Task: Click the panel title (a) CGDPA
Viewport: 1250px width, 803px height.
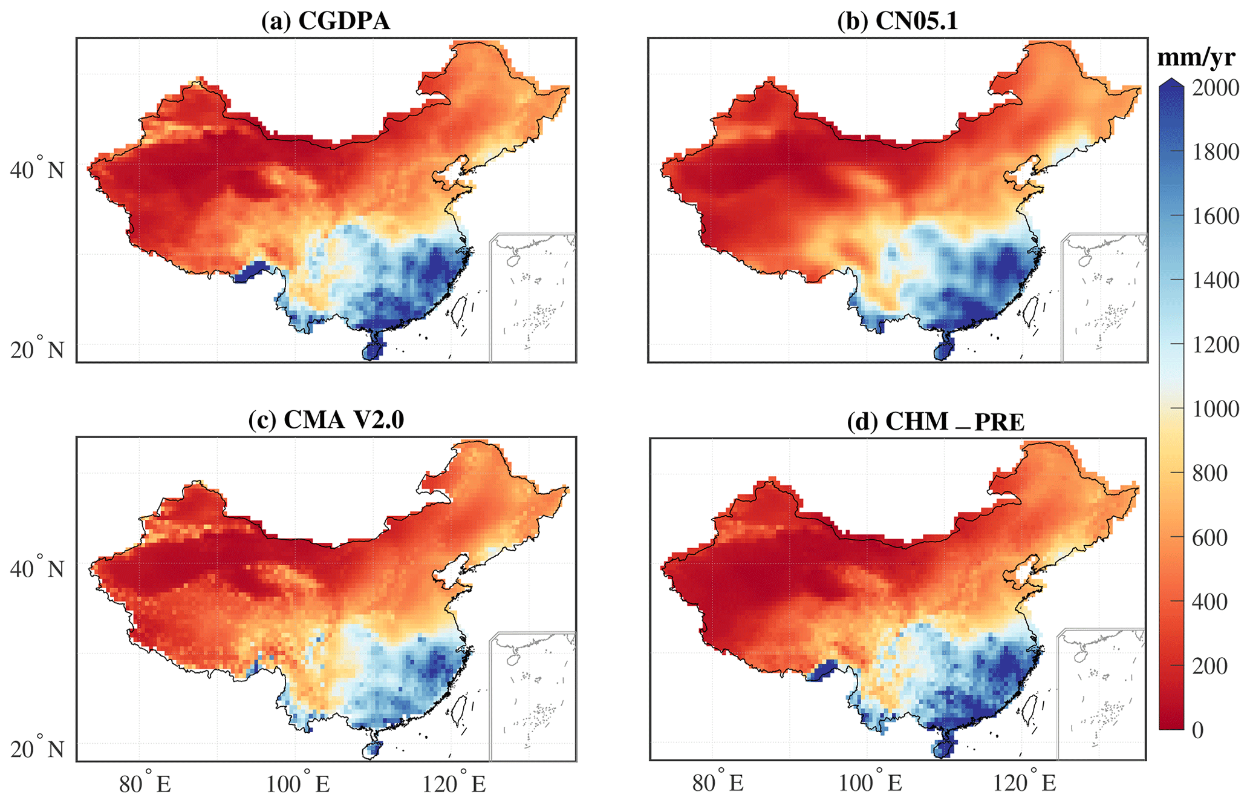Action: pos(325,21)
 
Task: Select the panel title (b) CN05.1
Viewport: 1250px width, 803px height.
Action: pos(897,21)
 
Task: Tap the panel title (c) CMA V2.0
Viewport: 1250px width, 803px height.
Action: pos(326,420)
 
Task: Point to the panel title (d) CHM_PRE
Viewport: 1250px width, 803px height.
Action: pos(936,422)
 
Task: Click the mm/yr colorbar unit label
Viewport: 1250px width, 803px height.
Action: pos(1196,57)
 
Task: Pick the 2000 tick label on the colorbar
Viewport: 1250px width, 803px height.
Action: pos(1216,88)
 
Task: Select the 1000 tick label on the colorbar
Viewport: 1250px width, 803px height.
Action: pos(1216,409)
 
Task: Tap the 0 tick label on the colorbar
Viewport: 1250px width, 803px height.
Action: pos(1198,730)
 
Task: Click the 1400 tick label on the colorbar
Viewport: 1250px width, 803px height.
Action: pos(1216,281)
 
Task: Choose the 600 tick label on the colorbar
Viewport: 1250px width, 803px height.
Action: pos(1210,538)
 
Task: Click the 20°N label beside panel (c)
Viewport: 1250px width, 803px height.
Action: pos(37,749)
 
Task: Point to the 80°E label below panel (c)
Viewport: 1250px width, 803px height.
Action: pos(145,784)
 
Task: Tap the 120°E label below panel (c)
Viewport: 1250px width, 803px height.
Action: pos(454,784)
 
